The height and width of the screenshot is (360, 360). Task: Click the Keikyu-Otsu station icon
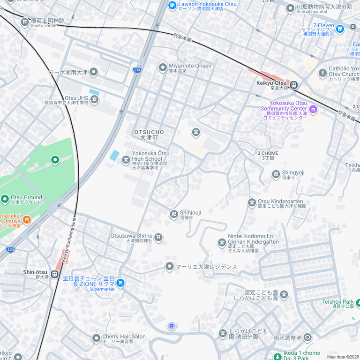[x=294, y=85]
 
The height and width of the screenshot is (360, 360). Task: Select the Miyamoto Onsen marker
[x=163, y=67]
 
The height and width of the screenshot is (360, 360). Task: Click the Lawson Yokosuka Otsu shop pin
[x=172, y=6]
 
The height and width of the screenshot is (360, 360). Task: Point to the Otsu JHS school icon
[x=95, y=99]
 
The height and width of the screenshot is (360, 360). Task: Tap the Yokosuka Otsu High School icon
[x=126, y=160]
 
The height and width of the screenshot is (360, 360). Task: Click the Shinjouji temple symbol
[x=174, y=215]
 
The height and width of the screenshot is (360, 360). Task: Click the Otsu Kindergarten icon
[x=252, y=202]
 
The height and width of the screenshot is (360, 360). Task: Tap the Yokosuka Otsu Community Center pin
[x=313, y=110]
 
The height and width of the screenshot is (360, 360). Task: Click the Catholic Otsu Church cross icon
[x=322, y=73]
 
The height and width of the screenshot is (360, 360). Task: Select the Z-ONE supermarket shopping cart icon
[x=120, y=283]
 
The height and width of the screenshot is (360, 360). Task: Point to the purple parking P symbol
[x=172, y=326]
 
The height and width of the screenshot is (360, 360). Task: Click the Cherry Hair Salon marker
[x=96, y=338]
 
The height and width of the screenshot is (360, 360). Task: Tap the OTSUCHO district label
[x=149, y=135]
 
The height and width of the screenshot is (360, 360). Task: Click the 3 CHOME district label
[x=268, y=156]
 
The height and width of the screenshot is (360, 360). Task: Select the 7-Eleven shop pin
[x=340, y=29]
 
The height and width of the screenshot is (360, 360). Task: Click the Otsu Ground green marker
[x=5, y=199]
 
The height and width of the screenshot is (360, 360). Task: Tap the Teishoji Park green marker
[x=359, y=303]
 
